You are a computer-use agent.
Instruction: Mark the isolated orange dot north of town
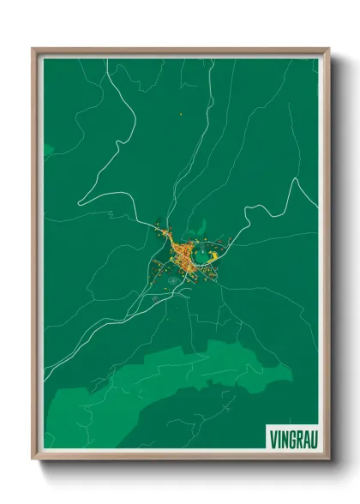point(182,114)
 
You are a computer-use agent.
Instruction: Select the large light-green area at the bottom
point(197,377)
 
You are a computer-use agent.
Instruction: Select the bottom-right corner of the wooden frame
point(327,459)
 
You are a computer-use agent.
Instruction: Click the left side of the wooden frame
point(34,257)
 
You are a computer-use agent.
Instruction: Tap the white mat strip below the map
point(171,452)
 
